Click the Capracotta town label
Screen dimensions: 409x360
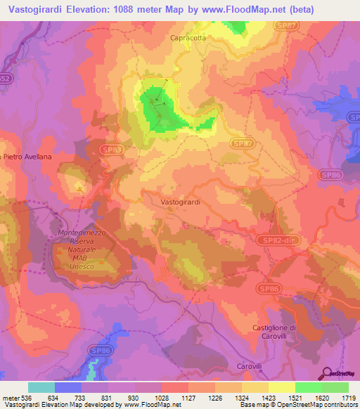point(188,39)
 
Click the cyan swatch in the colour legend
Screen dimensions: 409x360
point(41,387)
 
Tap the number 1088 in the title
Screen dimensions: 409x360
point(124,9)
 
